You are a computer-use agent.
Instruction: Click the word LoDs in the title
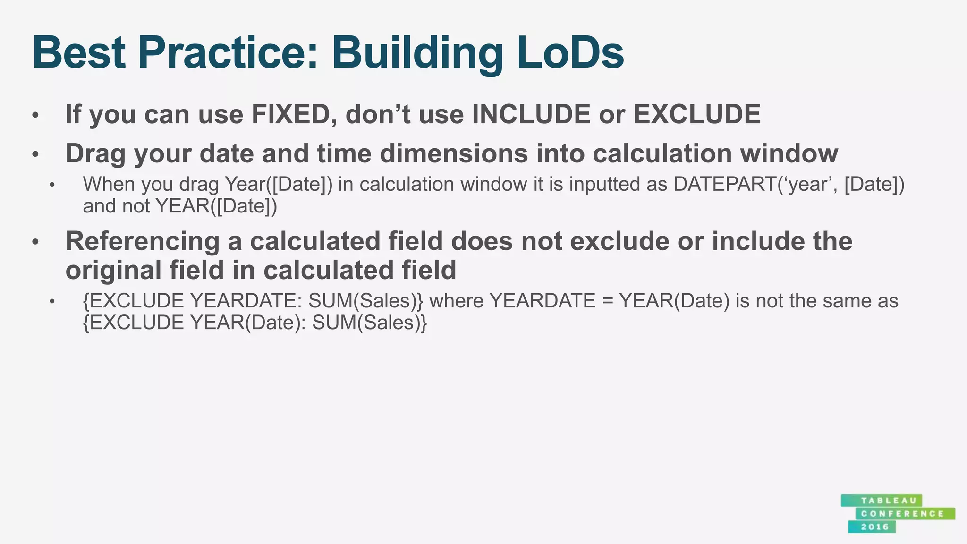pyautogui.click(x=570, y=53)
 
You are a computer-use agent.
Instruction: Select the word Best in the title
pyautogui.click(x=79, y=53)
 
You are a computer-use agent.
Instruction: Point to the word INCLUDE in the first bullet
pyautogui.click(x=531, y=115)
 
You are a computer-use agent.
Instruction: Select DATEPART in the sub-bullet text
pyautogui.click(x=725, y=184)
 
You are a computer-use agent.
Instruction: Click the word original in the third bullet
pyautogui.click(x=113, y=271)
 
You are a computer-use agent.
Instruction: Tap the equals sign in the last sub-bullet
pyautogui.click(x=607, y=301)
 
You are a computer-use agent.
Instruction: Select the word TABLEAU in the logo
pyautogui.click(x=882, y=501)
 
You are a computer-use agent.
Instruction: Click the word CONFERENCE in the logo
pyautogui.click(x=902, y=514)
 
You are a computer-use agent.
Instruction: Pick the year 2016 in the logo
pyautogui.click(x=874, y=527)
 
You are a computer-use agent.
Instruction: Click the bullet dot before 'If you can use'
pyautogui.click(x=35, y=115)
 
